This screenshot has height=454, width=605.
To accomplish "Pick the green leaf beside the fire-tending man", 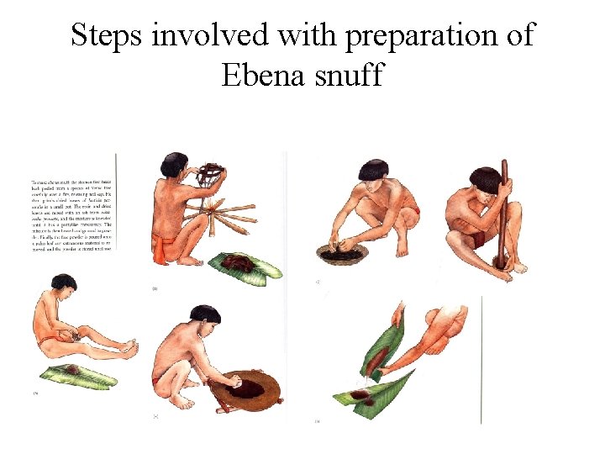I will [243, 267].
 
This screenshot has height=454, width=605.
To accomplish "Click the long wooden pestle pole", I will [503, 214].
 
